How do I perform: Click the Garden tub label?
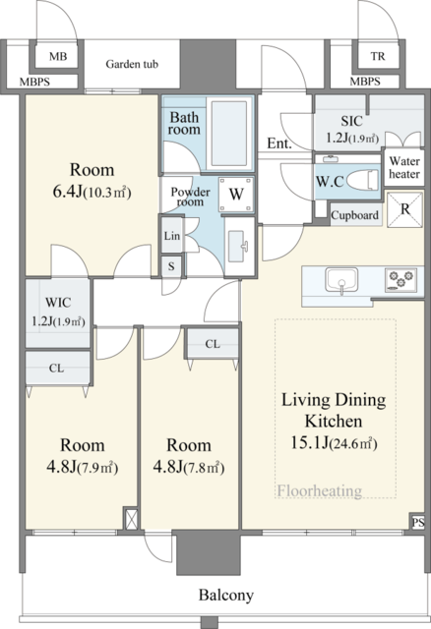coord(132,64)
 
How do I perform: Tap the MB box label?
coord(58,57)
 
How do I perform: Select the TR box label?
coord(378,57)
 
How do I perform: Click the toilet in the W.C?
coord(362,180)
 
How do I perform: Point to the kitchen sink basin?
coord(341,279)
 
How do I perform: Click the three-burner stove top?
coord(400,279)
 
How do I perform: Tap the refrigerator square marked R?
coord(404,209)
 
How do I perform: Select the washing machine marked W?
coord(236,195)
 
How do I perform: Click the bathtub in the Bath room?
coord(229,134)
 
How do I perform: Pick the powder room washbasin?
coord(238,247)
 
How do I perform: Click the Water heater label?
coord(404,168)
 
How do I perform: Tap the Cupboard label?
coord(354,215)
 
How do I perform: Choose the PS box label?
coord(418,522)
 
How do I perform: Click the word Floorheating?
coord(320,490)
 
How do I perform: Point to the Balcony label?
coord(226,595)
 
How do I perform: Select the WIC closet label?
coord(58,302)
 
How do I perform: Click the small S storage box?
coord(171,266)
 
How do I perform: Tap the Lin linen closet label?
coord(172,236)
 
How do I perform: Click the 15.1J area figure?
coord(309,443)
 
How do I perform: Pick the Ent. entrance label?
coord(279,143)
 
